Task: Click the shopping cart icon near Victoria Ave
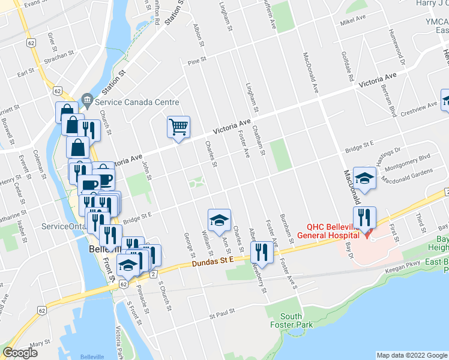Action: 178,127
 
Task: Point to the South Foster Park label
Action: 291,321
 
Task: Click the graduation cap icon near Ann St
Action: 219,220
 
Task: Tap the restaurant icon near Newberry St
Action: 261,251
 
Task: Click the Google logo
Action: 20,353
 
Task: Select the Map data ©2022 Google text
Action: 412,355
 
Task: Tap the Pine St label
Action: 196,61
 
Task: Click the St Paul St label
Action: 221,314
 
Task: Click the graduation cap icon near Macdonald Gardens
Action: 364,178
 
